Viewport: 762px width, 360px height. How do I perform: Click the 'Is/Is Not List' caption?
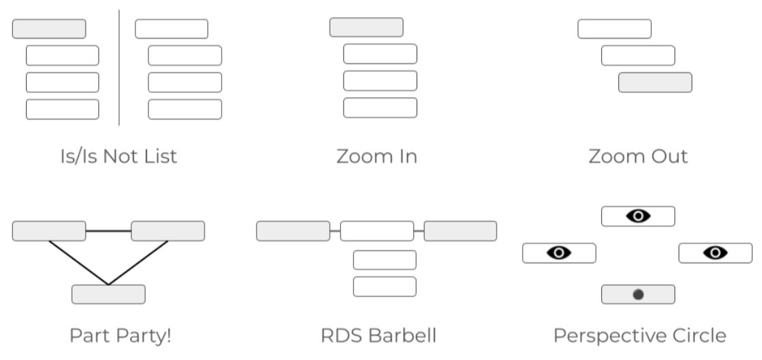118,156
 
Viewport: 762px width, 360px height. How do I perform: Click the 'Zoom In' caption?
376,156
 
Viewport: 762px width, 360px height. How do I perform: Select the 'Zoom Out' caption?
638,156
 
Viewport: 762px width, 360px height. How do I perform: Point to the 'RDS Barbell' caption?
378,336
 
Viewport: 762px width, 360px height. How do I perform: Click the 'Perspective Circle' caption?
640,336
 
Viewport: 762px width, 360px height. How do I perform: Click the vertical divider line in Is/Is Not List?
119,68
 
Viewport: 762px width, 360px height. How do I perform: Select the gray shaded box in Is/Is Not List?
49,29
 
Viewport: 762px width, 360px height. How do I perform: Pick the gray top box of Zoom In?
366,27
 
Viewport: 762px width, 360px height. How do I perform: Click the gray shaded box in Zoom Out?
655,82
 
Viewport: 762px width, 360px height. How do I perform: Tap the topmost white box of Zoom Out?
614,29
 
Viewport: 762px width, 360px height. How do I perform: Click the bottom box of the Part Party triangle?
108,294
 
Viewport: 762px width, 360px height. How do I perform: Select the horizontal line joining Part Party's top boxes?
108,231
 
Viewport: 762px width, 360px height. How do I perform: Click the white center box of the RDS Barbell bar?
377,231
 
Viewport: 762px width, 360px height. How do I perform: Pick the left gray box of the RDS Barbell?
293,231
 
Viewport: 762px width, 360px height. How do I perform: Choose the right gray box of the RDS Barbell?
460,231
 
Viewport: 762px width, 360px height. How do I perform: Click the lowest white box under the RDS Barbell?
384,287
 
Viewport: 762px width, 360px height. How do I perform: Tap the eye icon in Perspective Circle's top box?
638,216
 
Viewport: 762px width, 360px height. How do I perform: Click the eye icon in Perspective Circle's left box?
559,253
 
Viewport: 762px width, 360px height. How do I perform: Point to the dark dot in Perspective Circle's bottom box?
638,294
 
